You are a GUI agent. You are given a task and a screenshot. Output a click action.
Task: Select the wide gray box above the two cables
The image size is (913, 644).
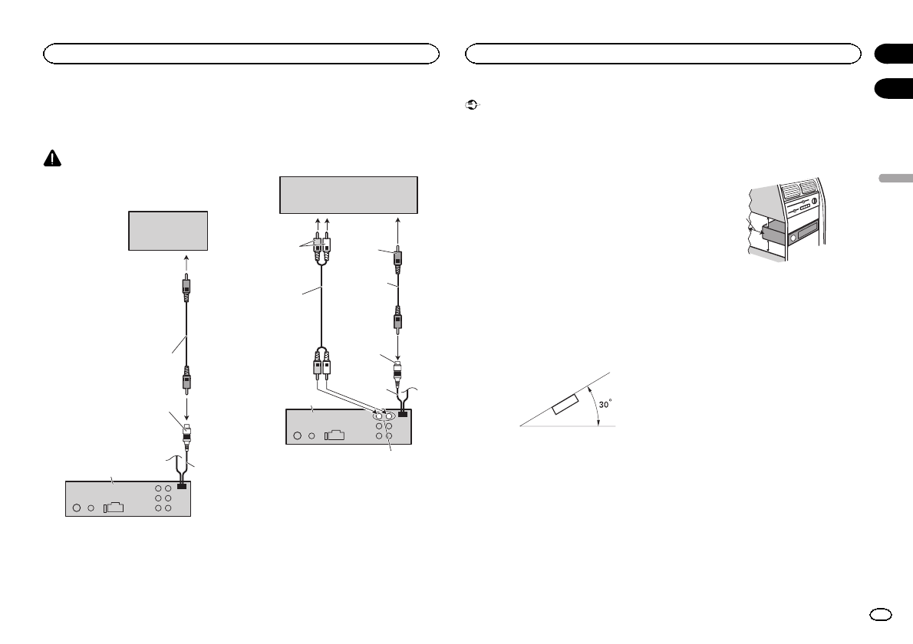point(348,195)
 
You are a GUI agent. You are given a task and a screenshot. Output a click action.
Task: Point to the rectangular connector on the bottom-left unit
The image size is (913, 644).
point(111,507)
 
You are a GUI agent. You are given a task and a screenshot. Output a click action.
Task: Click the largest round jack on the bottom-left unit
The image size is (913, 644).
point(77,507)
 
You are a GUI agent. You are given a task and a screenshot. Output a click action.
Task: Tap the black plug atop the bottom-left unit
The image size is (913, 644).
point(182,485)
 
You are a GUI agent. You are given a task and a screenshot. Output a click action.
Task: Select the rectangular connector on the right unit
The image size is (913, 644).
point(333,435)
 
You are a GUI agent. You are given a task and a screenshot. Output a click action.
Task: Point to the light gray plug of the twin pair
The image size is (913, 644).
point(315,248)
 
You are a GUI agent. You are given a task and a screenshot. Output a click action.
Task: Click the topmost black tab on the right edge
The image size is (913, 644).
point(892,54)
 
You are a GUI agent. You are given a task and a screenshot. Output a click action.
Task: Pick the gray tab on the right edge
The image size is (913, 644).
point(892,178)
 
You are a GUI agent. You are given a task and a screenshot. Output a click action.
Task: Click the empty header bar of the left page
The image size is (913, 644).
point(241,53)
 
